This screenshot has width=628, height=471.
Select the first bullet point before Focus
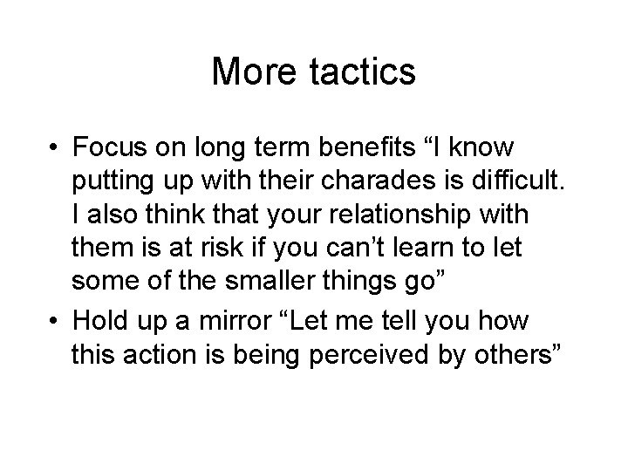coord(53,144)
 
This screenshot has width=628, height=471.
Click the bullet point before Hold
coord(53,322)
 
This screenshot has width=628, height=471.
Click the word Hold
coord(100,322)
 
